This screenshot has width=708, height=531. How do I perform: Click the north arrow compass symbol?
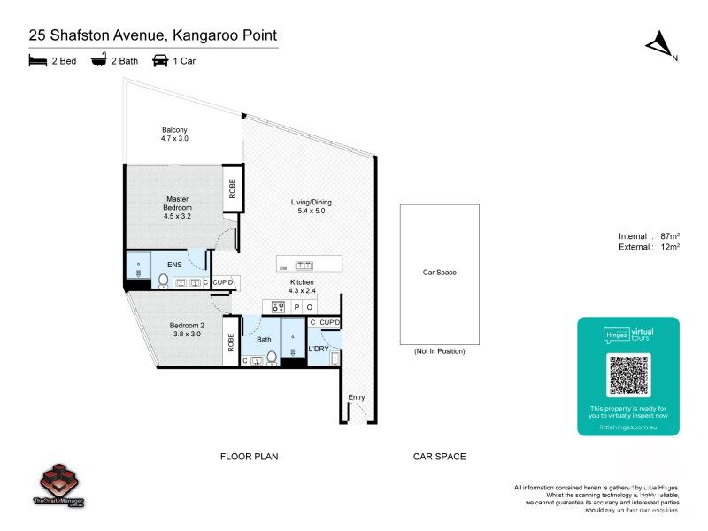tap(658, 45)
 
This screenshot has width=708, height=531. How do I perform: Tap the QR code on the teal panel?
tap(628, 375)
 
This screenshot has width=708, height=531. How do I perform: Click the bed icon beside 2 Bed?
tap(36, 61)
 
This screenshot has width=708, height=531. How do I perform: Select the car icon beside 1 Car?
tap(160, 61)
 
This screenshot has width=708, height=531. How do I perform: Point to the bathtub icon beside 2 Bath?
tap(98, 61)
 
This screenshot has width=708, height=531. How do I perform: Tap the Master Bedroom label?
tap(178, 204)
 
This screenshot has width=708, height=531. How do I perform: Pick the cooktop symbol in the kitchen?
tap(277, 307)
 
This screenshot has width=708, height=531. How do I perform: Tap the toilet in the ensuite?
tap(163, 281)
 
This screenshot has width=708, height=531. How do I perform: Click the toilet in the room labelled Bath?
tap(272, 357)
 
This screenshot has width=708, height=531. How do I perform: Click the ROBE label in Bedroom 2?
tap(231, 342)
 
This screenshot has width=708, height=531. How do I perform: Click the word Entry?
tap(356, 397)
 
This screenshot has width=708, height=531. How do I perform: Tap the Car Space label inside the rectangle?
tap(439, 273)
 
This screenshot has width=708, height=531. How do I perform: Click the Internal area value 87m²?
tap(670, 236)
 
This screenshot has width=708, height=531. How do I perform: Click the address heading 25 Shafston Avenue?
tap(152, 35)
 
